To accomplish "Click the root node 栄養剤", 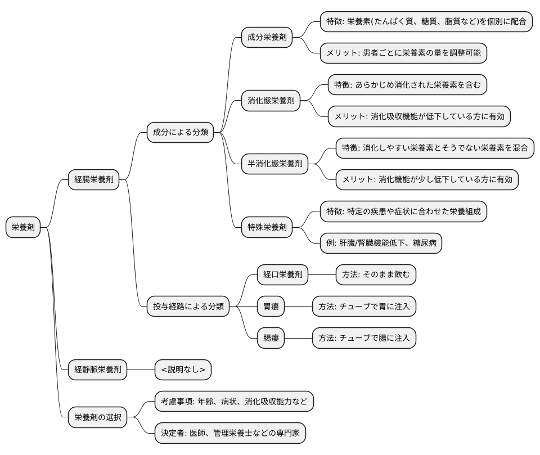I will (x=23, y=228).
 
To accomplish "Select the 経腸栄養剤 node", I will (x=94, y=180).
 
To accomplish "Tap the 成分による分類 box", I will (x=181, y=133).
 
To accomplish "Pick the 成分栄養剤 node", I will (x=267, y=38).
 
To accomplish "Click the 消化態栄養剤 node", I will (x=271, y=101).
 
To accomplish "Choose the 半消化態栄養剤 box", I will (x=274, y=164).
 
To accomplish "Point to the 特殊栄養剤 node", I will (x=267, y=228).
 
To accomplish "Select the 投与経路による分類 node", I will (x=188, y=307).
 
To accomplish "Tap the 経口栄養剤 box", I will (x=282, y=275).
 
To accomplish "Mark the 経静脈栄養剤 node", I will (x=98, y=370).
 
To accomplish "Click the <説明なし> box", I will (x=183, y=370).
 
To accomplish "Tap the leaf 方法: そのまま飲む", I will (x=376, y=275).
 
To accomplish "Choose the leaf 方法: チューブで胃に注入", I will (x=364, y=307).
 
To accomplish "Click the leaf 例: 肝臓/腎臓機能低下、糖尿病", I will (x=381, y=244).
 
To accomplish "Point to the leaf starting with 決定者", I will (x=230, y=433).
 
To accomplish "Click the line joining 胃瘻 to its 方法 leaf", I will (x=298, y=307).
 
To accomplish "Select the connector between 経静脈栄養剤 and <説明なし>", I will (x=141, y=370).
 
